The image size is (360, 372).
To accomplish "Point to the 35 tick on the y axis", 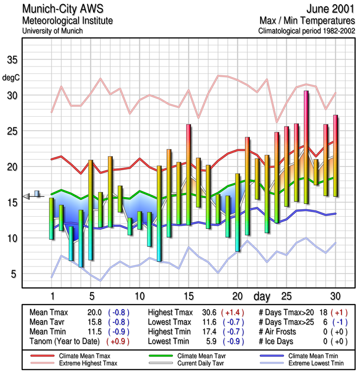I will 12,60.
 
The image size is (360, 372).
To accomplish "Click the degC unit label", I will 11,77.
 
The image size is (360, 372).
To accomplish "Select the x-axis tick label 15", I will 188,296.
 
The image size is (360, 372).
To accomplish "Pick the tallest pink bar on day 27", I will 306,146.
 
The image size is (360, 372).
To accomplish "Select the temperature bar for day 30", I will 335,155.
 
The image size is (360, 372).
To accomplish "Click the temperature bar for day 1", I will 52,219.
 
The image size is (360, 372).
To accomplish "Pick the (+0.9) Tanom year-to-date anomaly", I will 118,341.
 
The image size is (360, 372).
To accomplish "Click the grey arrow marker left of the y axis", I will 26,197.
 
